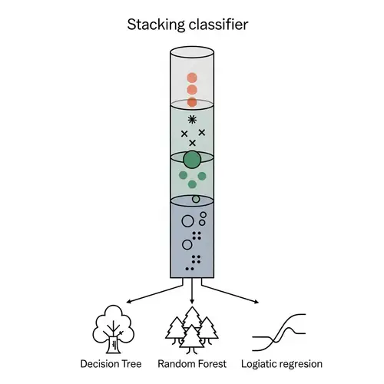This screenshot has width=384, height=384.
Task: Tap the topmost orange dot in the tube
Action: click(x=192, y=78)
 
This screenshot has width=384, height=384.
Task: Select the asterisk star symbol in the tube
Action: click(x=192, y=119)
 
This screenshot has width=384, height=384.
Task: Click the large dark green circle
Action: click(x=192, y=160)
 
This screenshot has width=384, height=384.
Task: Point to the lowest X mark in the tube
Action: click(x=192, y=143)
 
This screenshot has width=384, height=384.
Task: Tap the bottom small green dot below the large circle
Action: click(x=193, y=185)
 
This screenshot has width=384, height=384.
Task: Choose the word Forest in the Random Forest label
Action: click(x=209, y=363)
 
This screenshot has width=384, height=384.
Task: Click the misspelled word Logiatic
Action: click(x=259, y=363)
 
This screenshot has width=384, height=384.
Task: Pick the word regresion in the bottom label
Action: click(x=301, y=363)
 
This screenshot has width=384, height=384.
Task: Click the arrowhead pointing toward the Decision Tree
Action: click(x=127, y=301)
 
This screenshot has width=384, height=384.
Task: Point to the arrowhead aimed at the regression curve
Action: click(x=256, y=301)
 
